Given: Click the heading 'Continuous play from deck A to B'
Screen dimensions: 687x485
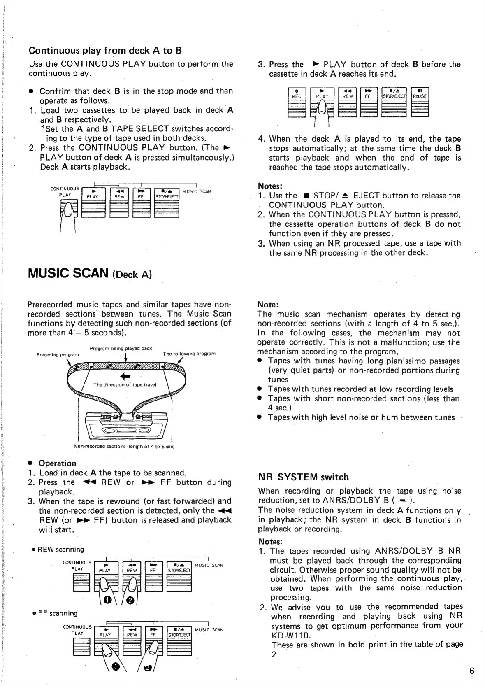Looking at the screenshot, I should pos(105,51).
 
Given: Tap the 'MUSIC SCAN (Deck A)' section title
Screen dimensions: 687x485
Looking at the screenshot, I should pos(89,273).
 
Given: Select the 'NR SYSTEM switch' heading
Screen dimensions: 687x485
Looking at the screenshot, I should pos(303,477).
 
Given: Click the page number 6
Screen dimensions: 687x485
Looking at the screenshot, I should pos(472,671).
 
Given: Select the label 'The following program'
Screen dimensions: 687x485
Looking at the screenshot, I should pos(189,354).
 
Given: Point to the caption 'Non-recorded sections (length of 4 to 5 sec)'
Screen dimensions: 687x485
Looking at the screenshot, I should pos(124,446).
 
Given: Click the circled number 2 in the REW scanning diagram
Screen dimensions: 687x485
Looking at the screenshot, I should pos(130,601).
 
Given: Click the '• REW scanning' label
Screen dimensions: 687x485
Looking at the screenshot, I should pos(58,549).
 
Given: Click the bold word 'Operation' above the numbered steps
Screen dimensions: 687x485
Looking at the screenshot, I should pos(57,463).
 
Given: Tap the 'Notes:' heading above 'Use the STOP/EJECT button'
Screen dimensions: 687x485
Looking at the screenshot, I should pos(270,186).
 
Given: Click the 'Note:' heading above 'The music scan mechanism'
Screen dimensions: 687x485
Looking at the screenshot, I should pos(268,305).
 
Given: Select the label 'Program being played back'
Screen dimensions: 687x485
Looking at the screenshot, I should pos(121,348).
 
